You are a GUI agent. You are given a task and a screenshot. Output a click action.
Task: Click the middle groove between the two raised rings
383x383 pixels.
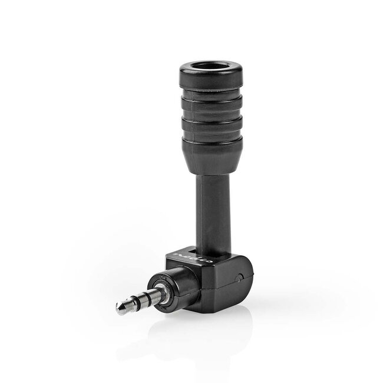210,114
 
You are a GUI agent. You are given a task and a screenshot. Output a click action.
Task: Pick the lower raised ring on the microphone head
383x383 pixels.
210,125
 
